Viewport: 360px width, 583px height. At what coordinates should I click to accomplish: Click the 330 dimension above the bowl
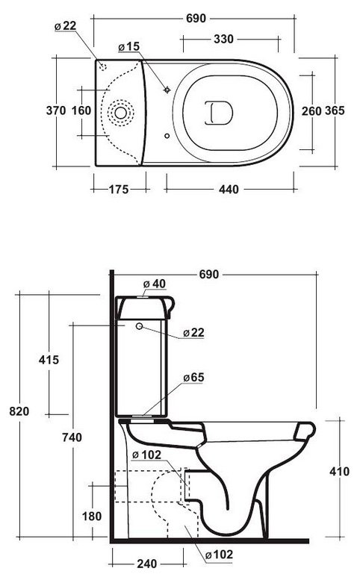click(223, 39)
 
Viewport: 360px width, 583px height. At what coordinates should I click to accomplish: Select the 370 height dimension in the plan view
click(56, 110)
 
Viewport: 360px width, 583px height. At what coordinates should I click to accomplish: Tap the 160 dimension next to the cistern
click(81, 110)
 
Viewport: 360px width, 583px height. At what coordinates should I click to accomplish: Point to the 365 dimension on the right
click(335, 110)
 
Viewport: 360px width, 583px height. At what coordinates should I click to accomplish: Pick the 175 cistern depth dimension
click(119, 190)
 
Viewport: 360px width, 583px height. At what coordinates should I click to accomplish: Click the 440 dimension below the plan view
click(229, 190)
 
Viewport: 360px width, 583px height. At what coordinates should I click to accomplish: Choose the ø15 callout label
click(129, 47)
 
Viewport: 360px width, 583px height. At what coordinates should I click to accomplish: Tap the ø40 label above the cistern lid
click(155, 284)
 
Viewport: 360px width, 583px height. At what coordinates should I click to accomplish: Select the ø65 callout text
click(193, 378)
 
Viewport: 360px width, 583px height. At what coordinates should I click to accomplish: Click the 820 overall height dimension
click(19, 411)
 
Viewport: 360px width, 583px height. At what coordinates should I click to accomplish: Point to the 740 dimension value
click(72, 437)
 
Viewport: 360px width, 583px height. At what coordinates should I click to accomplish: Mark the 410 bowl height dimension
click(340, 472)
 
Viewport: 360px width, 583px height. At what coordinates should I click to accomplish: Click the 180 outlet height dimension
click(92, 516)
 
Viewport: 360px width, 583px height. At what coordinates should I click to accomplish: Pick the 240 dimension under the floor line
click(147, 564)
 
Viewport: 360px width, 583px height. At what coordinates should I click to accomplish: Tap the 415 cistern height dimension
click(49, 360)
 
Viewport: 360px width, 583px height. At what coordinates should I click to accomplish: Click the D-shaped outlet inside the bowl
click(219, 113)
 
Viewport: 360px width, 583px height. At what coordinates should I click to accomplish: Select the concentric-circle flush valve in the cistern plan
click(120, 113)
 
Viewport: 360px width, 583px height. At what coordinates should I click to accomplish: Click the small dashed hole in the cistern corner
click(103, 67)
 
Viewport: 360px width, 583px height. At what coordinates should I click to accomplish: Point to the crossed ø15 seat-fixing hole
click(167, 90)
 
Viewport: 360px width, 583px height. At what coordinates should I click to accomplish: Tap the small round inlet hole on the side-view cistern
click(140, 326)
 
